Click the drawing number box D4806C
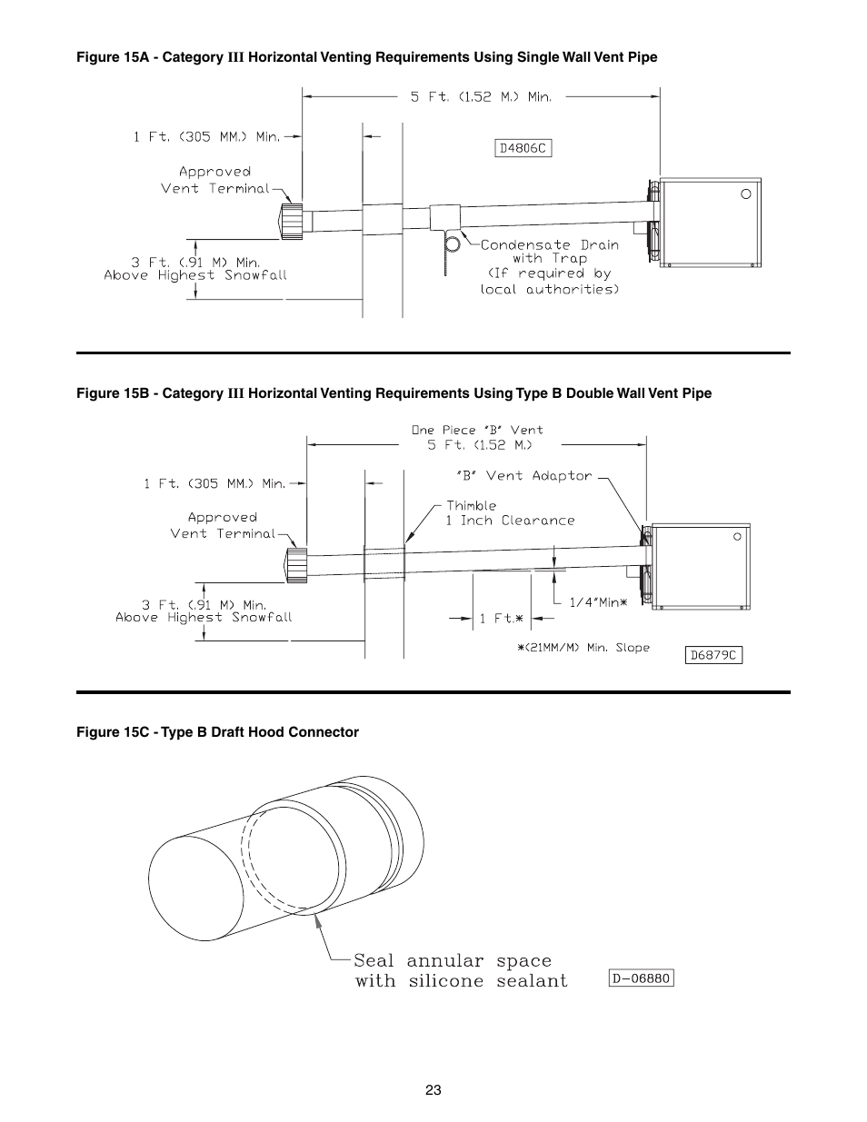(523, 148)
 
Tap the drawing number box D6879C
(713, 654)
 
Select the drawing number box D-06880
(641, 978)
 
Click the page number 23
(433, 1090)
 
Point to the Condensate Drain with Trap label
(549, 266)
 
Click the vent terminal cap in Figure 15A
(293, 221)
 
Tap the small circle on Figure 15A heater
(745, 194)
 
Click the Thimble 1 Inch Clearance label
(510, 513)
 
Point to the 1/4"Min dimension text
(598, 601)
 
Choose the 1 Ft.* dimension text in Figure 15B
(502, 619)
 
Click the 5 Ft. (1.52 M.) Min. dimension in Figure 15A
(481, 96)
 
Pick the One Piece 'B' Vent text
(477, 430)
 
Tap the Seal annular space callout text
(460, 970)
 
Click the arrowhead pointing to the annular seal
(317, 920)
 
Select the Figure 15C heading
(217, 732)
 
